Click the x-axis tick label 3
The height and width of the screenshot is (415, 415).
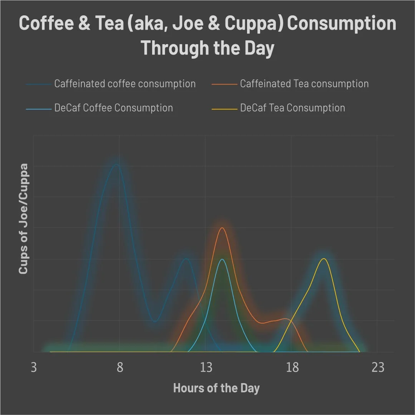pos(34,368)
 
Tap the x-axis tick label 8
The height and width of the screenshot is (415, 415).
pos(120,368)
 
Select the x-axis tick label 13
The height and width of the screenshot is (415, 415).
pos(206,368)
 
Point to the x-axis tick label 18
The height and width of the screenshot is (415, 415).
pos(292,368)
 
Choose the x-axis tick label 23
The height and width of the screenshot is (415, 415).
pos(378,368)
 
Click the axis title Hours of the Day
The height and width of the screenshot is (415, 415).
pos(216,388)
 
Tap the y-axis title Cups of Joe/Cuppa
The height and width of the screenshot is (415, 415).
pos(24,219)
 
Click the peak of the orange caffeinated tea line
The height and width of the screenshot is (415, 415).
pos(222,228)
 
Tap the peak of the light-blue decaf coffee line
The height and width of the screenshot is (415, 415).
pos(222,259)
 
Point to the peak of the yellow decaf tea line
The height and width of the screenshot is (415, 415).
pos(324,259)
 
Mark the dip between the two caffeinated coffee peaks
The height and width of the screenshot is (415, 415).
pos(154,322)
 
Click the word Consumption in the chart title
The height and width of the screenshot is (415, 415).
pos(342,24)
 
